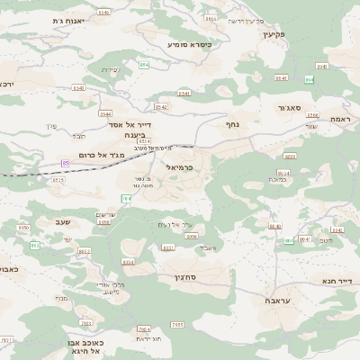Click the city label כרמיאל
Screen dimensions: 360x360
pyautogui.click(x=181, y=167)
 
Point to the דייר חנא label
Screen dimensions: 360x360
pyautogui.click(x=337, y=281)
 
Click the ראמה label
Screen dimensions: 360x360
pyautogui.click(x=340, y=119)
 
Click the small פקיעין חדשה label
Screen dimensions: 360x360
pyautogui.click(x=246, y=20)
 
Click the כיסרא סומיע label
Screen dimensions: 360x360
pyautogui.click(x=190, y=43)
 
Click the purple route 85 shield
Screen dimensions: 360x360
pyautogui.click(x=65, y=162)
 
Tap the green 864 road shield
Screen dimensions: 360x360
pyautogui.click(x=309, y=79)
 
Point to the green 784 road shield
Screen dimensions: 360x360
pyautogui.click(x=126, y=198)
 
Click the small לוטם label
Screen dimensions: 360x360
pyautogui.click(x=326, y=240)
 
